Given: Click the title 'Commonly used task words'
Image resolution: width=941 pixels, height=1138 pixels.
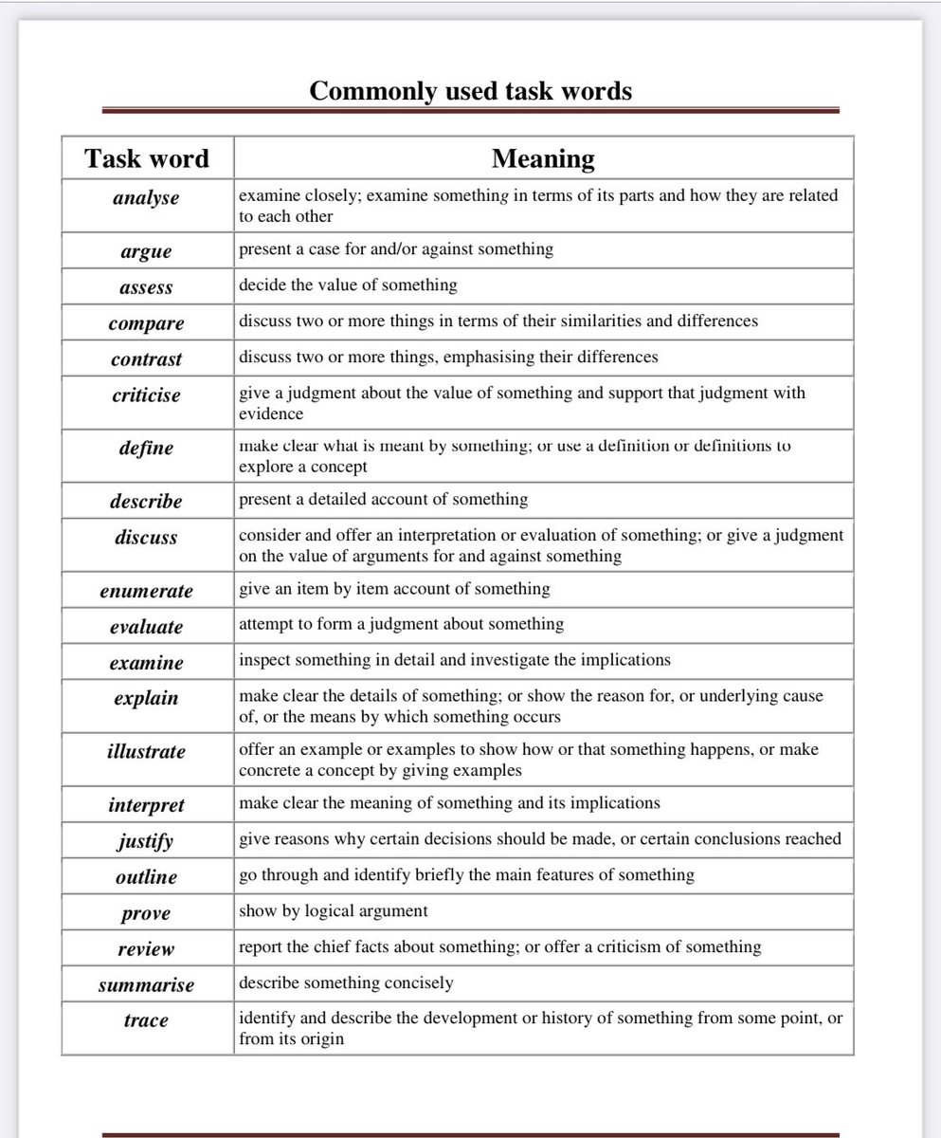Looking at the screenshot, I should pyautogui.click(x=470, y=91).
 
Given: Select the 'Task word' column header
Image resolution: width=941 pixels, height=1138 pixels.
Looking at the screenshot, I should pyautogui.click(x=147, y=157).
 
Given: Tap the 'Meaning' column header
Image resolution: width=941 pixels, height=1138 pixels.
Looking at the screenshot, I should pyautogui.click(x=543, y=157).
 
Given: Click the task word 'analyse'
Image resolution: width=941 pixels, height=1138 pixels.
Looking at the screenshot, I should pyautogui.click(x=146, y=198).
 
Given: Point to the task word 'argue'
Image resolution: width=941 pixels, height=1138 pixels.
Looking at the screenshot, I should pyautogui.click(x=146, y=251).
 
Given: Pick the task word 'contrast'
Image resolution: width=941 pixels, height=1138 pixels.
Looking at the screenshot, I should pyautogui.click(x=146, y=359).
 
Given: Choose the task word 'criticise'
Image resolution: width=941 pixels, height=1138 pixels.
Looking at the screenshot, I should pyautogui.click(x=146, y=395).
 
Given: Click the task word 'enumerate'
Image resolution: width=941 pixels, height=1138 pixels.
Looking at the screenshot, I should pyautogui.click(x=146, y=591).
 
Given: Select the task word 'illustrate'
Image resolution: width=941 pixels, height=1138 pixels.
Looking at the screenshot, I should pyautogui.click(x=146, y=751).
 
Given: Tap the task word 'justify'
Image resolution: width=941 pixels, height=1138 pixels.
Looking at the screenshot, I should pyautogui.click(x=146, y=841).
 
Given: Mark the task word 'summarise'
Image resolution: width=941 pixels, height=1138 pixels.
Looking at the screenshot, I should pyautogui.click(x=146, y=985).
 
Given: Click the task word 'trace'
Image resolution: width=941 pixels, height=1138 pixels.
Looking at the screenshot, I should pyautogui.click(x=146, y=1020).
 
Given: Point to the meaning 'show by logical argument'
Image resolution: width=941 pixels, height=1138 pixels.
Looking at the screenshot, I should pyautogui.click(x=334, y=910).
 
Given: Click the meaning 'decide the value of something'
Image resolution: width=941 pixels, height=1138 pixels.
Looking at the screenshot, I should pyautogui.click(x=348, y=284).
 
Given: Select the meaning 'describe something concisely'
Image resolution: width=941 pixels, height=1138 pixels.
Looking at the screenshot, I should pyautogui.click(x=346, y=982).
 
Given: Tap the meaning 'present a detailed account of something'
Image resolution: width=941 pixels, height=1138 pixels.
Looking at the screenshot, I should pyautogui.click(x=383, y=499).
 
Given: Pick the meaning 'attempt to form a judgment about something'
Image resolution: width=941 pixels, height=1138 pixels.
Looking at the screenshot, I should pyautogui.click(x=401, y=624).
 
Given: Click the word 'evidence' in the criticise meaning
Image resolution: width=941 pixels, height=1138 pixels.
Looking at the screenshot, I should pyautogui.click(x=271, y=413).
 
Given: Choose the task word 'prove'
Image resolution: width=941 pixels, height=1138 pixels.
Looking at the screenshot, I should pyautogui.click(x=146, y=913).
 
